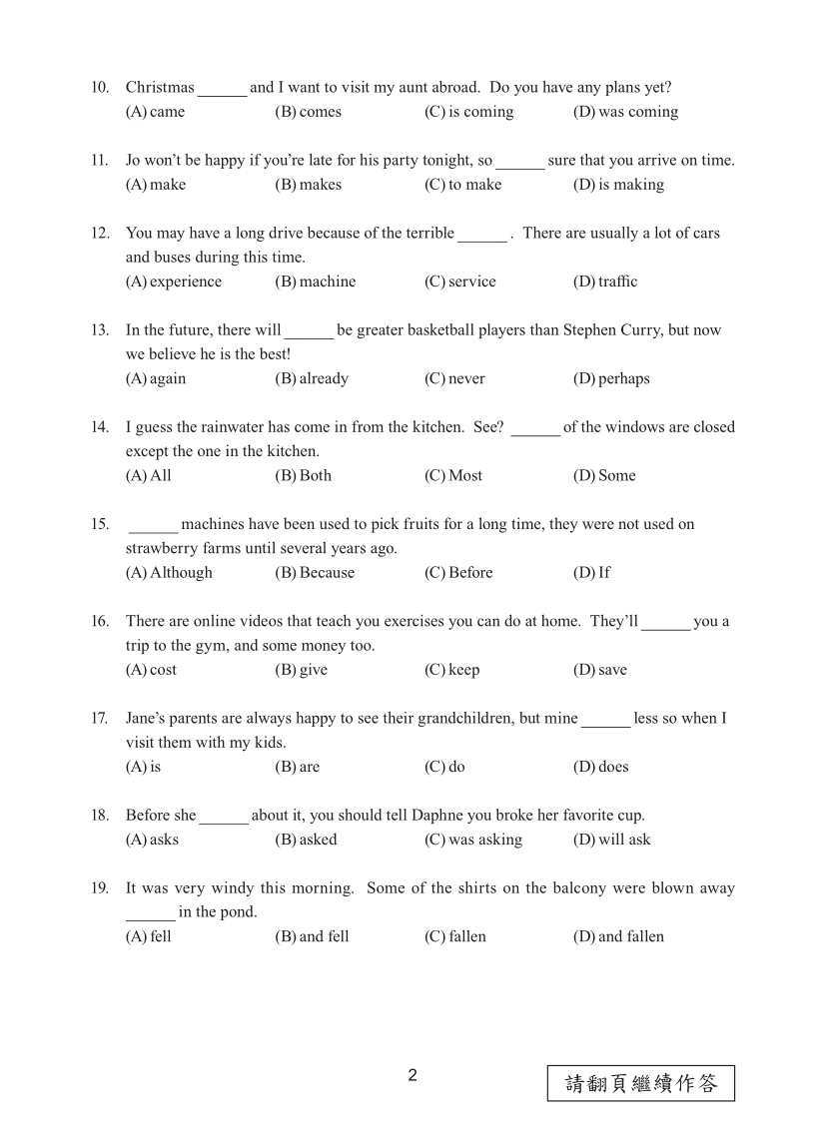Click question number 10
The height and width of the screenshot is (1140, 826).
[100, 88]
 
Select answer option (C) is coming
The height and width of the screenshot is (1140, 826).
[468, 112]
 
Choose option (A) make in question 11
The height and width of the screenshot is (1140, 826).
[156, 185]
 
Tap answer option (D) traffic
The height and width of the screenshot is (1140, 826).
[604, 282]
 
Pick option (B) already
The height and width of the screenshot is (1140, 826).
[312, 378]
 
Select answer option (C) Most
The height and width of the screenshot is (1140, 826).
[453, 475]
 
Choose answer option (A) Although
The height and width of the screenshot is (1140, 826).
[169, 573]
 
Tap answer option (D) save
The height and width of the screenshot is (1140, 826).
[599, 670]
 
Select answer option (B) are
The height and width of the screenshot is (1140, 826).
[298, 767]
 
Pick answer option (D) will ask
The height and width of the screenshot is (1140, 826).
[611, 840]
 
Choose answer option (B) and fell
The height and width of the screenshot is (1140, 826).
[312, 936]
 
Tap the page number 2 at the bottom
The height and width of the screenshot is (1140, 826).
[413, 1075]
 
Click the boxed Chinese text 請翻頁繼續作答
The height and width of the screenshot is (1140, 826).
[640, 1083]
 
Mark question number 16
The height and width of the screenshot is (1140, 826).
[100, 622]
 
